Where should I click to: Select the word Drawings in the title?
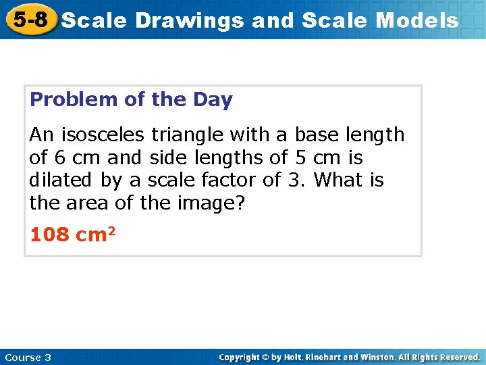tap(190, 21)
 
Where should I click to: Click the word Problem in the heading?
tap(74, 100)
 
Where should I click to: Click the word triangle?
tap(192, 135)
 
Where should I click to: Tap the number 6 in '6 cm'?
tap(59, 158)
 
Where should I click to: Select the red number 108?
tap(50, 235)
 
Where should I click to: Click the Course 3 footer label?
tap(28, 357)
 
